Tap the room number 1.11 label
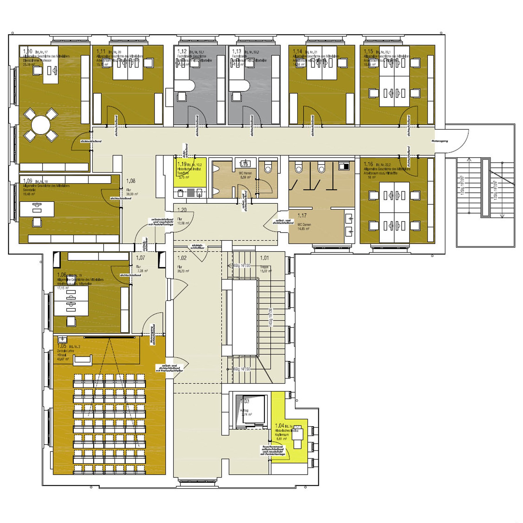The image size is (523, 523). [101, 51]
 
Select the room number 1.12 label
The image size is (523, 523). [182, 51]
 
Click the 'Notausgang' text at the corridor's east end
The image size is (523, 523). [439, 141]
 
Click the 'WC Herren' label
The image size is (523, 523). [245, 173]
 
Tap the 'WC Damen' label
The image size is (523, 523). [304, 225]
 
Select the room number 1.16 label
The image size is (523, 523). [368, 164]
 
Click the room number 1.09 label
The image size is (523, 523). [28, 181]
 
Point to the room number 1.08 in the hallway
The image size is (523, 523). [131, 181]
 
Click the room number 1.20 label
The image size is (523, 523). [182, 210]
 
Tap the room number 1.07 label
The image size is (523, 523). [140, 258]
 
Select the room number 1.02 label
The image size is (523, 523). [182, 258]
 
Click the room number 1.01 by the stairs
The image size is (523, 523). [264, 258]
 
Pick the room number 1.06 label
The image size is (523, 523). [62, 275]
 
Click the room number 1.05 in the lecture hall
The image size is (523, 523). [62, 346]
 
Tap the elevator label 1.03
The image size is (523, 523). [245, 401]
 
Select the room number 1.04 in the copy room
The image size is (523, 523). [280, 426]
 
